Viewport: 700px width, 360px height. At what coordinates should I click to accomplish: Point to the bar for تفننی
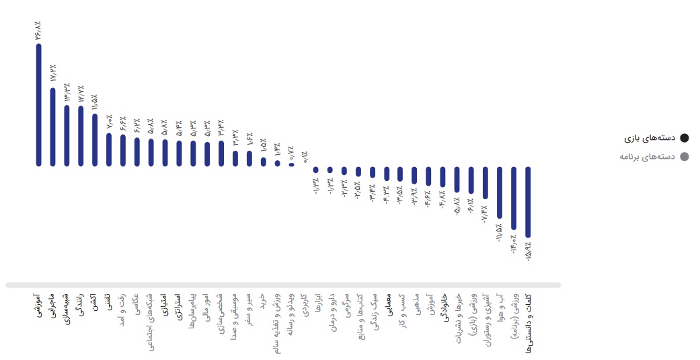[109, 149]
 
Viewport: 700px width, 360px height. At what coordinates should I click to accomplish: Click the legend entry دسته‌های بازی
[649, 139]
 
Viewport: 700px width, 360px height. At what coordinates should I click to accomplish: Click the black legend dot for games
[684, 139]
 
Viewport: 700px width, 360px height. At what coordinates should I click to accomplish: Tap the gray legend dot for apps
[684, 157]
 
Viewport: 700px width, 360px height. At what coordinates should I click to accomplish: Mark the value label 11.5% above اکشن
[95, 102]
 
